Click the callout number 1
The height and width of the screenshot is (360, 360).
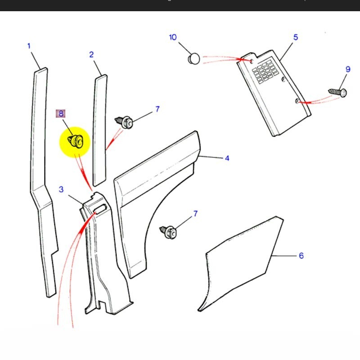29,46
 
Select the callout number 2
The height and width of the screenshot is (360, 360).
91,55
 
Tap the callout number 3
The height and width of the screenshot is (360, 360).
61,189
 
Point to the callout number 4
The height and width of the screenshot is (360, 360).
227,158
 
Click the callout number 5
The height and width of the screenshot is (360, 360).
296,37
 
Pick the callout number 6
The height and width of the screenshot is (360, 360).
301,256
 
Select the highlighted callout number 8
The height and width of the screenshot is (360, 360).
61,114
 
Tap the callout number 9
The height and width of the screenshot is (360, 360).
347,69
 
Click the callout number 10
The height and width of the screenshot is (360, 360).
173,37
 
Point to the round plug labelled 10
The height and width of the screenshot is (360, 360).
193,58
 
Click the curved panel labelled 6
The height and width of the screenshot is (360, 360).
243,265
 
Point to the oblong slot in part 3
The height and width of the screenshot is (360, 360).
100,207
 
